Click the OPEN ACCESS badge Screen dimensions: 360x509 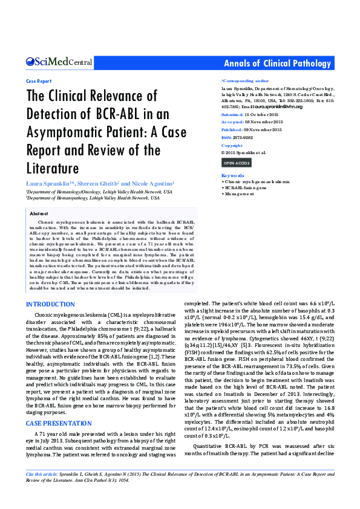coord(237,163)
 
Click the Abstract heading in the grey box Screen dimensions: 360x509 coord(39,213)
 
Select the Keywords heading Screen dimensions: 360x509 coord(233,175)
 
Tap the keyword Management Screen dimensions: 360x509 coord(240,193)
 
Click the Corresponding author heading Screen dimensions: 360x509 coord(245,80)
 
